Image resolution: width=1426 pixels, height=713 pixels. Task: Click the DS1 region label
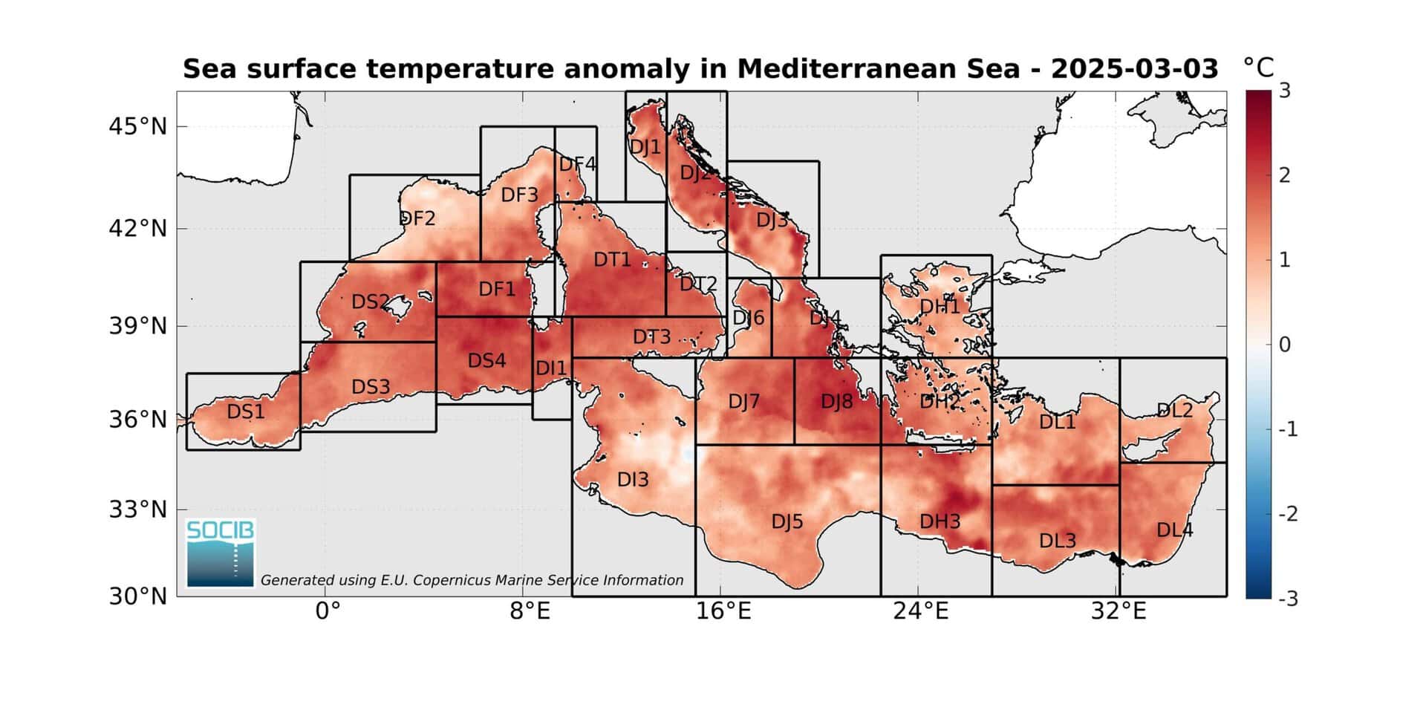(x=246, y=411)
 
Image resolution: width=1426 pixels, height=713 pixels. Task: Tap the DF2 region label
(x=417, y=218)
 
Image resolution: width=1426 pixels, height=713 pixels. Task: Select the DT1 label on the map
(x=612, y=259)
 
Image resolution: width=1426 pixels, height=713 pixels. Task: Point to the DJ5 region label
(x=787, y=521)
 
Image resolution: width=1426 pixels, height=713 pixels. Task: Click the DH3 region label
(x=940, y=521)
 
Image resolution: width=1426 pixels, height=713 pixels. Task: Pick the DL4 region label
(x=1175, y=530)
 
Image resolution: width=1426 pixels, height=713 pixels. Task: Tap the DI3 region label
(x=633, y=480)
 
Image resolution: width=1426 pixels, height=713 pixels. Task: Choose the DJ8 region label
(x=837, y=402)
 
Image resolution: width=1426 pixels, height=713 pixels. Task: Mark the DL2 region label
(x=1175, y=410)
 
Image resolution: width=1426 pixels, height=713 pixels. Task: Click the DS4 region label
(x=487, y=361)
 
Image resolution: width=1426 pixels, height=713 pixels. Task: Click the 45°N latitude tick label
(x=138, y=127)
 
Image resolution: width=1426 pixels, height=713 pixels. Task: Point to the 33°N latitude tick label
(x=138, y=510)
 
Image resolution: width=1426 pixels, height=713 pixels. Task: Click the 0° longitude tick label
(x=328, y=611)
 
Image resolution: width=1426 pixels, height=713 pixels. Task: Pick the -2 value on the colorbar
(x=1289, y=514)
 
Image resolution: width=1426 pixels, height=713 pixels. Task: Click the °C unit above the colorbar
(x=1259, y=68)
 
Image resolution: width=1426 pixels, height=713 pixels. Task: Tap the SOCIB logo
(x=221, y=553)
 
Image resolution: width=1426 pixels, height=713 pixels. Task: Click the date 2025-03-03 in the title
(x=1135, y=69)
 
